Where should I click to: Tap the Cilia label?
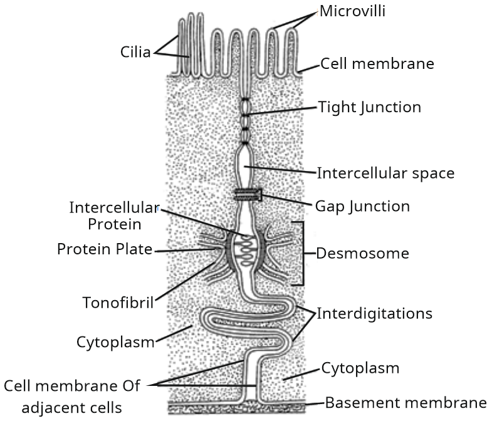tap(135, 52)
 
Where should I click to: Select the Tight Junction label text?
tap(369, 107)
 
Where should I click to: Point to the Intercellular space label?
tap(385, 172)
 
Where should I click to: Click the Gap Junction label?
tap(363, 205)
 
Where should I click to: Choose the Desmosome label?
tap(362, 254)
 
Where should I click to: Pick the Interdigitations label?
tap(375, 313)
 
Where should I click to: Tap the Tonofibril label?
tap(118, 303)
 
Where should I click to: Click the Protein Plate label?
tap(105, 249)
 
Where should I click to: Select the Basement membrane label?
tap(405, 402)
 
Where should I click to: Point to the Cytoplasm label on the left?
tap(115, 342)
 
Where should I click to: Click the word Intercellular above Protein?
tap(115, 207)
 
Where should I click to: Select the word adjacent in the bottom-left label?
tap(63, 408)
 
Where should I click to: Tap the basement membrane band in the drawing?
tap(238, 407)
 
